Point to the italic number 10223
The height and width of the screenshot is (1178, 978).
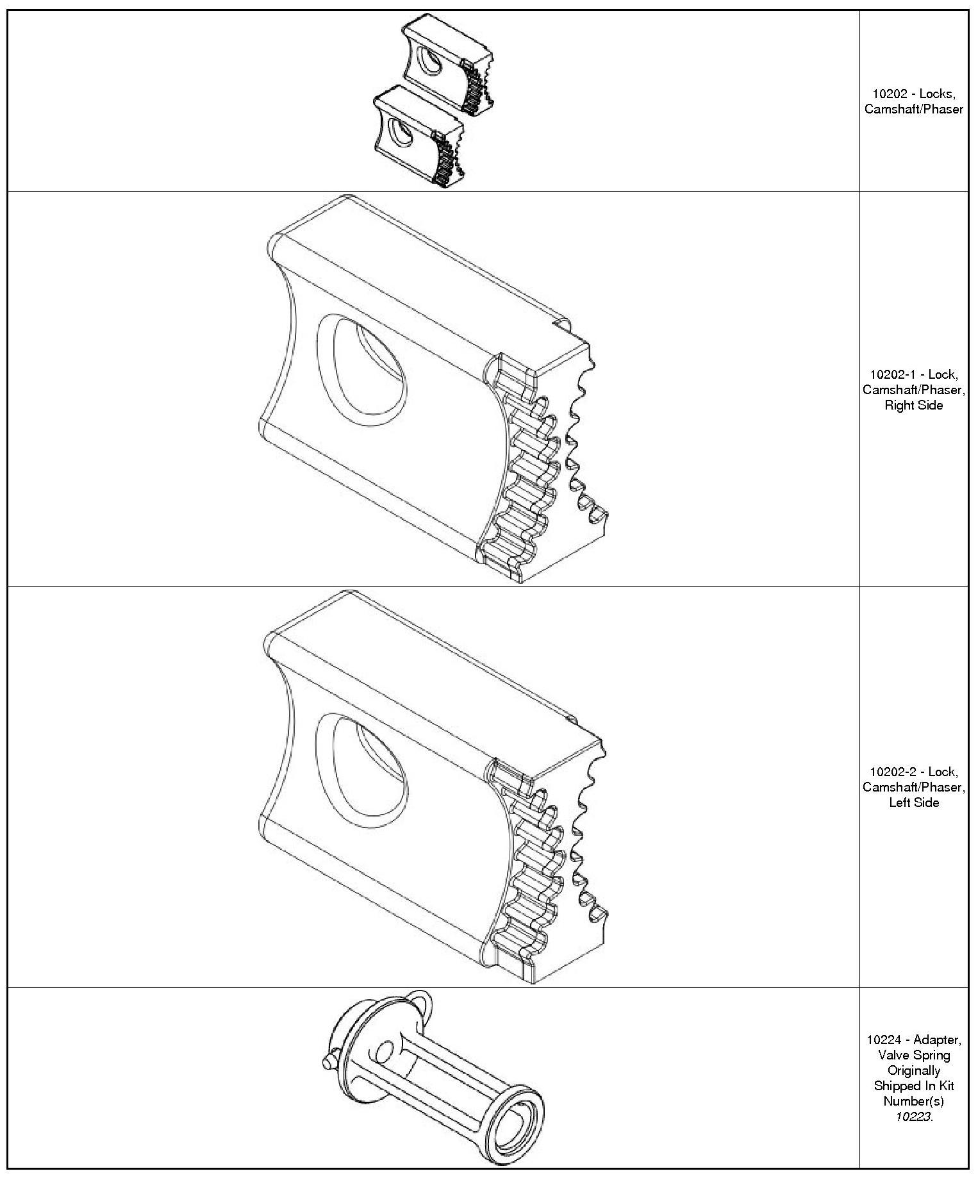click(x=913, y=1117)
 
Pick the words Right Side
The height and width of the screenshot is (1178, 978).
click(x=913, y=406)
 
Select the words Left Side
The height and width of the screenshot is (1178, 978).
click(x=913, y=803)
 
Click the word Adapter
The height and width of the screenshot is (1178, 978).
click(x=937, y=1040)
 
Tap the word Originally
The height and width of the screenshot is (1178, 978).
click(x=913, y=1071)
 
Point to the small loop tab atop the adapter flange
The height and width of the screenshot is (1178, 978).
click(x=420, y=1000)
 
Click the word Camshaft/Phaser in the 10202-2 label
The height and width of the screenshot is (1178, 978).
click(x=913, y=788)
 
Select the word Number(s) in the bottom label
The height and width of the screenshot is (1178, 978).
click(x=913, y=1102)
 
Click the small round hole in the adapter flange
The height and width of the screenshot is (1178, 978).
click(x=385, y=1052)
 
